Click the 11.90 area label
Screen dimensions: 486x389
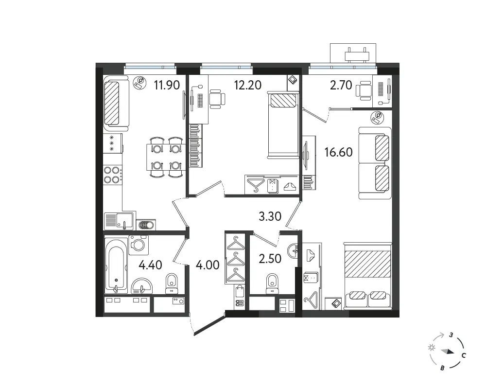point(167,85)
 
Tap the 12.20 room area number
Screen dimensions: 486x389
point(248,85)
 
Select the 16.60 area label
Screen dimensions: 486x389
point(338,152)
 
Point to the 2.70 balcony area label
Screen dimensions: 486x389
point(341,85)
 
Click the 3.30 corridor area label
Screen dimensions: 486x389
point(270,216)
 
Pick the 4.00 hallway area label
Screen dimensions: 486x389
point(208,265)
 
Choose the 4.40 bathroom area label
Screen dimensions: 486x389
point(150,265)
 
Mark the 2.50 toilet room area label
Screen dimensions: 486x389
point(270,258)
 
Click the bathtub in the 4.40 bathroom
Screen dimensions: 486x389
point(116,265)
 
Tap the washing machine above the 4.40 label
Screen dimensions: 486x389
point(139,245)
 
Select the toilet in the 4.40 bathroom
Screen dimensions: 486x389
point(171,283)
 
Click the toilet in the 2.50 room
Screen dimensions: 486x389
point(272,283)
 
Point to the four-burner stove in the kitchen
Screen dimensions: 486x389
point(112,175)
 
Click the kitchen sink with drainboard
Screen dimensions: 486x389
point(119,221)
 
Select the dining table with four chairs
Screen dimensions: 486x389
point(166,157)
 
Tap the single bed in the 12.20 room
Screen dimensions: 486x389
point(283,125)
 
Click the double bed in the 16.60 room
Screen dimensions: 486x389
point(367,276)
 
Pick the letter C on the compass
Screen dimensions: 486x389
point(464,355)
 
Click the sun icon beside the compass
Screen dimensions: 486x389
point(431,348)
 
